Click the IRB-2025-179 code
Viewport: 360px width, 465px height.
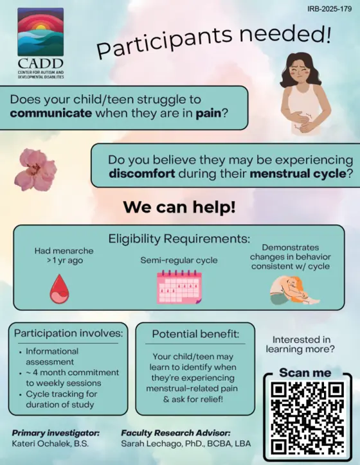tap(329, 9)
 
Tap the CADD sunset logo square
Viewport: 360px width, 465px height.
tap(40, 32)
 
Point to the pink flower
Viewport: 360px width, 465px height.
tap(35, 170)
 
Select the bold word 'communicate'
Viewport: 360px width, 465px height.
tap(51, 113)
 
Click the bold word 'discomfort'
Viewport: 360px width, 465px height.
tap(142, 173)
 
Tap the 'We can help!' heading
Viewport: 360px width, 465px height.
tap(179, 207)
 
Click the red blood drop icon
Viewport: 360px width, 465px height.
tap(59, 289)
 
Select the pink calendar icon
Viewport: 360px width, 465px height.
tap(179, 286)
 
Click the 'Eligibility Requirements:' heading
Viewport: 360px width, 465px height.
tap(179, 239)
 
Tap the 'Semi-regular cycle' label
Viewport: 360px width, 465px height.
tap(179, 260)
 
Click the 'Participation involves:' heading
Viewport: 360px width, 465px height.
tap(68, 333)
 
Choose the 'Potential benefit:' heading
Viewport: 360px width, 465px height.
tap(195, 334)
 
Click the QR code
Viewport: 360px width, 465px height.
tap(308, 418)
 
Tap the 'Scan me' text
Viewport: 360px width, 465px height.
tap(305, 373)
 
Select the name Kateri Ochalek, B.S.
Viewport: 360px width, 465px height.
tap(50, 444)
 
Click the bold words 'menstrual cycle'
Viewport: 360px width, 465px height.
tap(298, 173)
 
